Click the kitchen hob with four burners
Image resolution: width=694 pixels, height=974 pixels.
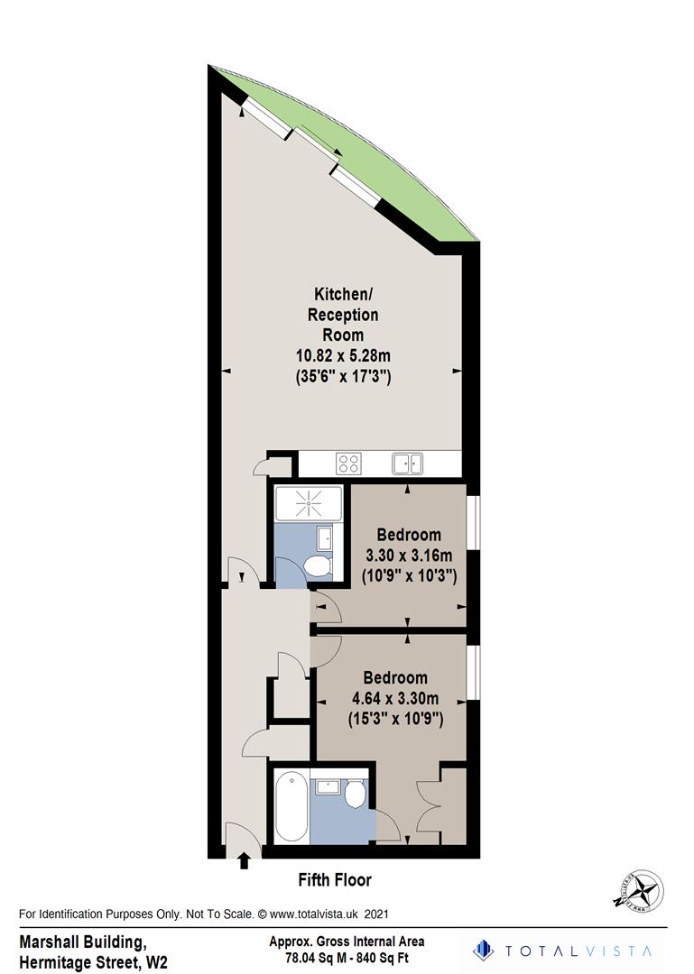click(348, 464)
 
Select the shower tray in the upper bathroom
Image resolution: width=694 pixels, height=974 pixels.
click(310, 503)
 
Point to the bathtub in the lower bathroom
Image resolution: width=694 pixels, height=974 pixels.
click(288, 805)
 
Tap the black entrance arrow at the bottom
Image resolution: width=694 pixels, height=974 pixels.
click(243, 860)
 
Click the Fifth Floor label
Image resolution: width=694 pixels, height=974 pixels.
click(335, 879)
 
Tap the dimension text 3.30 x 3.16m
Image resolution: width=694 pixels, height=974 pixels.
click(409, 554)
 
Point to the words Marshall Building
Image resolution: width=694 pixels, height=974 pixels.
click(80, 942)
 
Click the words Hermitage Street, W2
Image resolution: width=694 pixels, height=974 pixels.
click(93, 962)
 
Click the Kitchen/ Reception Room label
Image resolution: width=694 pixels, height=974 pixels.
click(343, 315)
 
